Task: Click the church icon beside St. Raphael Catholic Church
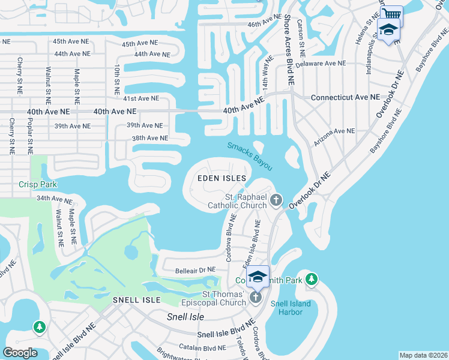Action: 276,200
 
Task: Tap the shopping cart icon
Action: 391,13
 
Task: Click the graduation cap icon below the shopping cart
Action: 388,29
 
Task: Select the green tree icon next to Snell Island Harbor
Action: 311,279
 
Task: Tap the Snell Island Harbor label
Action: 291,308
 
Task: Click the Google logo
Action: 20,353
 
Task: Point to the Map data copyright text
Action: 423,355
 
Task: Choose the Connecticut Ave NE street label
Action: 345,97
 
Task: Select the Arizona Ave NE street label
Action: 334,131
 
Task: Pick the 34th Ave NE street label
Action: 55,198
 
